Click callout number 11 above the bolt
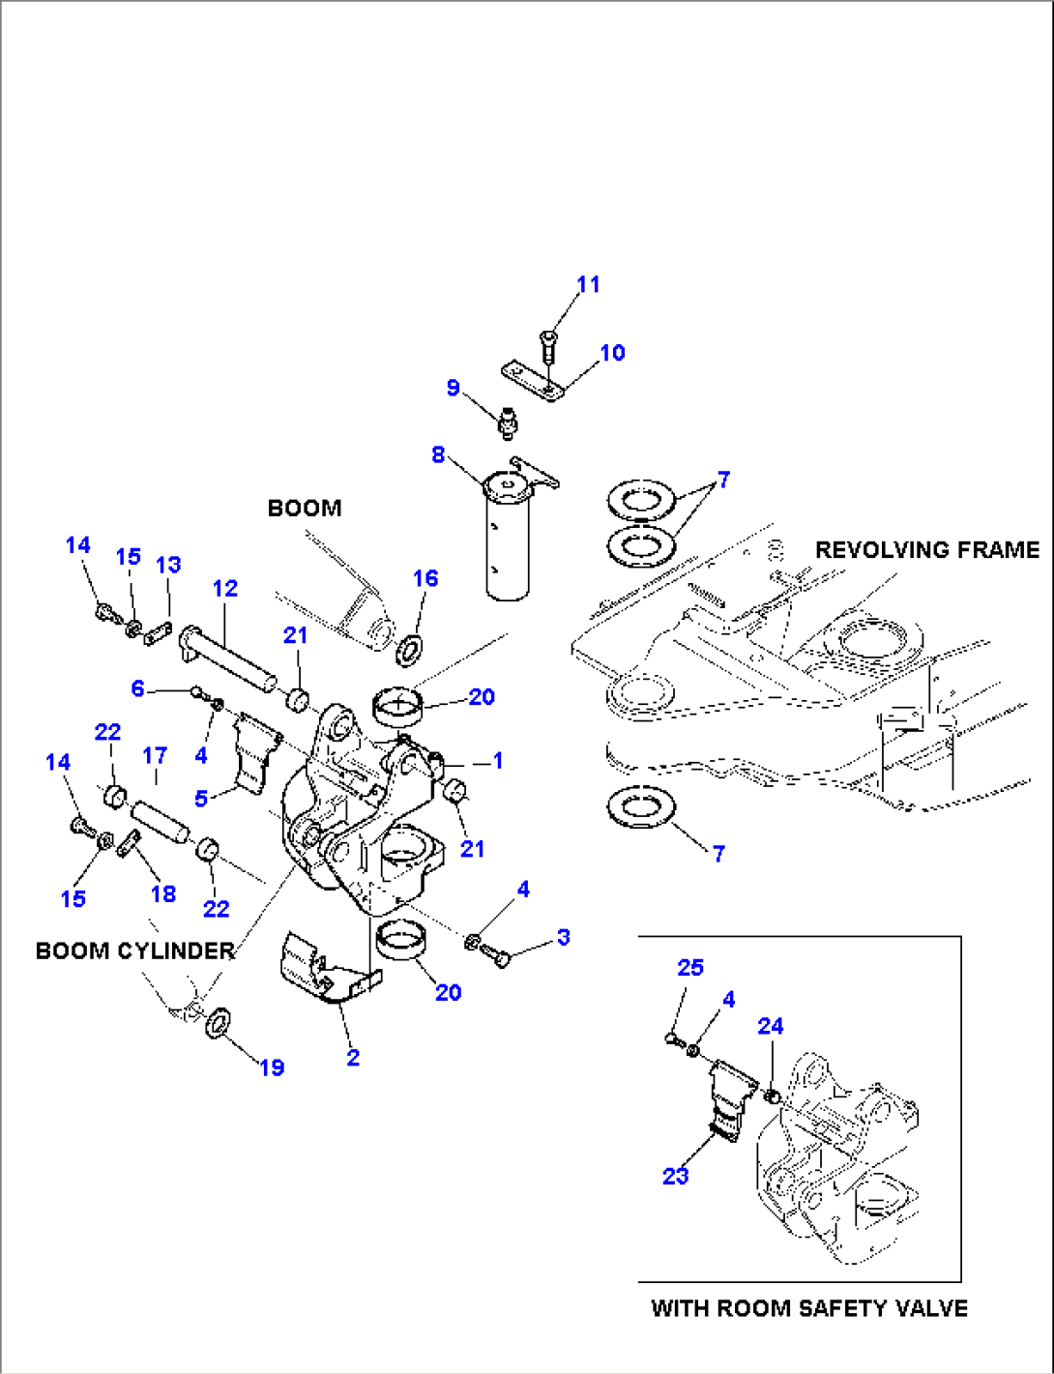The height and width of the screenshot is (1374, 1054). [x=588, y=284]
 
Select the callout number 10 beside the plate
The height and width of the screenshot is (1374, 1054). [x=612, y=353]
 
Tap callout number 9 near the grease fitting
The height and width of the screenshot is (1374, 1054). [x=453, y=388]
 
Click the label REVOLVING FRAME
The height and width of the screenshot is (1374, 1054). [x=926, y=549]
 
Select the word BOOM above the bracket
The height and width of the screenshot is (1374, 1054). [x=304, y=508]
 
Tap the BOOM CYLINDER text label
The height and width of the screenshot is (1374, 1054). [x=135, y=950]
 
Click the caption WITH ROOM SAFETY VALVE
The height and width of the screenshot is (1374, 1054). [x=808, y=1308]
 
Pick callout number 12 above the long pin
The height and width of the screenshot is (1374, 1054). [x=224, y=588]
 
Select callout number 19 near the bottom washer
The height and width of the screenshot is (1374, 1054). [x=272, y=1067]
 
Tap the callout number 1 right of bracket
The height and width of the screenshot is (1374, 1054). [x=497, y=761]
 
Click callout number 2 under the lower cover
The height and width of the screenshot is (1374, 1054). [x=352, y=1058]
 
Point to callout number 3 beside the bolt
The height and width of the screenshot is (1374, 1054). [x=563, y=937]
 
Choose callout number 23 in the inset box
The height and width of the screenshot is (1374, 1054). [x=675, y=1176]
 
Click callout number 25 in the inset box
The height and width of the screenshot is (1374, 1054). [x=690, y=967]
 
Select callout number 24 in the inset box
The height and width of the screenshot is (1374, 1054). [x=770, y=1026]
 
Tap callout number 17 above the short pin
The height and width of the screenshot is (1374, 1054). [x=155, y=754]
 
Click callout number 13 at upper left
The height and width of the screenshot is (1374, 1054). [x=168, y=565]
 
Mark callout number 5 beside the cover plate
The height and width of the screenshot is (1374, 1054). [x=201, y=799]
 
